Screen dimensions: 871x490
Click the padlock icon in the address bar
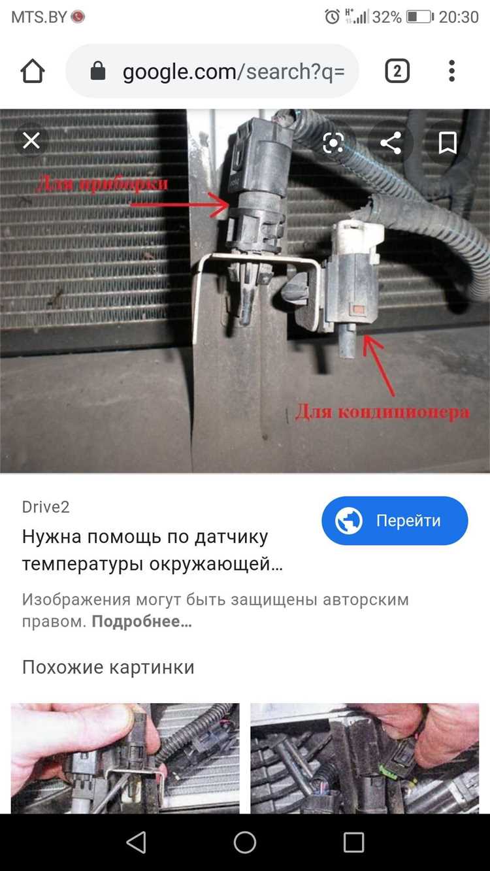(98, 71)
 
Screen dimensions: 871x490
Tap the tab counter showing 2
(397, 71)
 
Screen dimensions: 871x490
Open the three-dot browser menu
(451, 71)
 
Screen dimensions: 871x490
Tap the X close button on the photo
(31, 141)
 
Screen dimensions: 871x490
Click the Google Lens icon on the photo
(334, 143)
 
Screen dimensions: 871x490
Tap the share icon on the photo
(391, 143)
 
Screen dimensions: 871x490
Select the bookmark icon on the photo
(448, 143)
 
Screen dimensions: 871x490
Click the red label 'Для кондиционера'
(382, 412)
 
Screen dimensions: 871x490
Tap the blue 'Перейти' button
(395, 521)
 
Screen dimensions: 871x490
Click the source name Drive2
(46, 507)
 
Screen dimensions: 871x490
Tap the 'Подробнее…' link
(142, 621)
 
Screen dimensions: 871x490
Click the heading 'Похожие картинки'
(108, 667)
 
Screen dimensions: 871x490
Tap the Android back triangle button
(136, 843)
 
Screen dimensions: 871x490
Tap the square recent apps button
(353, 843)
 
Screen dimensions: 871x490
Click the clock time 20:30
(459, 17)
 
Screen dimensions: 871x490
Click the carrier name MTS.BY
(39, 17)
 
